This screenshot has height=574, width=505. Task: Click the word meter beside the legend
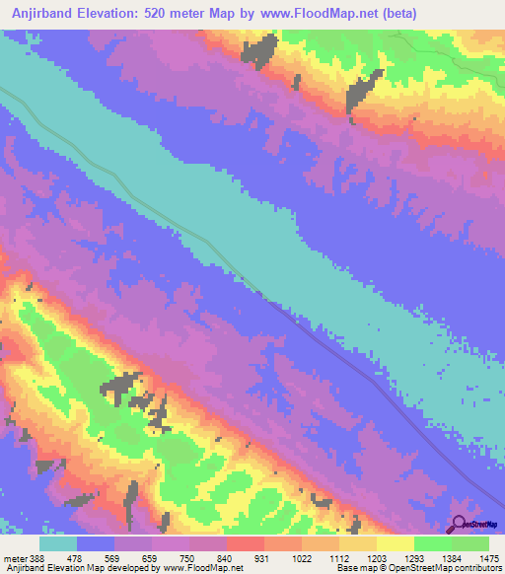click(x=14, y=558)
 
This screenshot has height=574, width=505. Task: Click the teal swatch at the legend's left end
click(x=58, y=543)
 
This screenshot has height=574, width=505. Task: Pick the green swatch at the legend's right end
click(x=470, y=543)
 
